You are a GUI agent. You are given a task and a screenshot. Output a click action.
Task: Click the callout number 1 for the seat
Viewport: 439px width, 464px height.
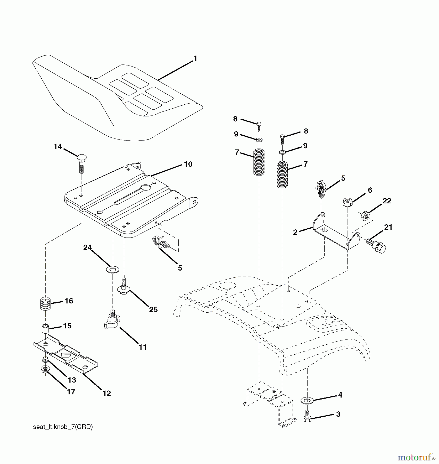[195, 59]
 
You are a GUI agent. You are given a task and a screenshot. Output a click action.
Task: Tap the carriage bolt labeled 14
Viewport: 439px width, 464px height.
[81, 163]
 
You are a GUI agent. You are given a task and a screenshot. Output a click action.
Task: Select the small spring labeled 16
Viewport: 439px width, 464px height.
[45, 304]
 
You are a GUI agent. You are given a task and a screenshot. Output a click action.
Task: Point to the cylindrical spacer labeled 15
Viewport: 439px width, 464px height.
[45, 329]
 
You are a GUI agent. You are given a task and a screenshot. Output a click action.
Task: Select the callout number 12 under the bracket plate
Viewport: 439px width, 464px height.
[106, 393]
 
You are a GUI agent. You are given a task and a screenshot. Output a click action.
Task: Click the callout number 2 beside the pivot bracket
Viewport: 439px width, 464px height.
[295, 232]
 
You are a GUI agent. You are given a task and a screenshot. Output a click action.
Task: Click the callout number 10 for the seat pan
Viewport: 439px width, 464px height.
[188, 164]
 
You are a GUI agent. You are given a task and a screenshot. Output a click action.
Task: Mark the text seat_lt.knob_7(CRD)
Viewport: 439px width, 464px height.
[63, 427]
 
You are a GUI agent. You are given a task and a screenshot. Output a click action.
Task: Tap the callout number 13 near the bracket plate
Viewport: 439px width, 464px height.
[72, 380]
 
